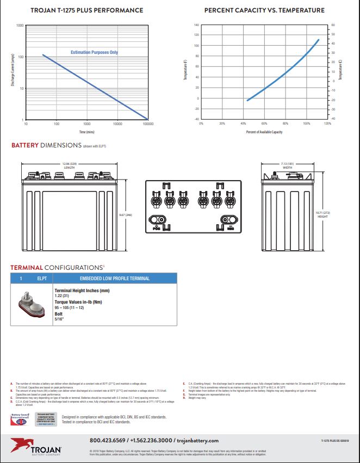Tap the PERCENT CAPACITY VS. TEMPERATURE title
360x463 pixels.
click(x=264, y=10)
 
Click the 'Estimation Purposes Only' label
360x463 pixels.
click(x=94, y=53)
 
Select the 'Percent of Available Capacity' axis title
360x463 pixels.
click(x=264, y=132)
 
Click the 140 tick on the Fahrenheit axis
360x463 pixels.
click(x=196, y=26)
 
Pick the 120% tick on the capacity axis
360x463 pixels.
click(x=327, y=124)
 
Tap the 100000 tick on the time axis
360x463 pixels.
click(x=147, y=124)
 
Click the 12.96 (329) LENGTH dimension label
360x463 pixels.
click(x=69, y=165)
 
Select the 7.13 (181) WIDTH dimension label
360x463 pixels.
click(x=287, y=165)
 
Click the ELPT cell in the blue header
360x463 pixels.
click(x=42, y=279)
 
